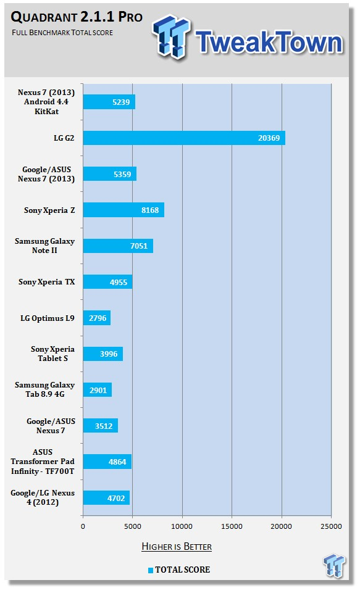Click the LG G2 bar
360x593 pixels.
[x=184, y=138]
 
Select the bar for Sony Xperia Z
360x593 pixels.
[x=123, y=210]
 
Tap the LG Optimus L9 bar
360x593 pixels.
[x=97, y=318]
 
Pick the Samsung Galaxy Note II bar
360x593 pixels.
[x=118, y=246]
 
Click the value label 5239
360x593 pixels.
[x=121, y=102]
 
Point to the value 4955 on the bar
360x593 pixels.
[x=119, y=282]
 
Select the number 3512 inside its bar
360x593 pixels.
[x=104, y=426]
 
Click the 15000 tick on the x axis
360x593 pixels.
[x=232, y=526]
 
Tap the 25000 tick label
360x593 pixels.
[x=331, y=526]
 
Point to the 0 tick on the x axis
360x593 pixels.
[x=83, y=526]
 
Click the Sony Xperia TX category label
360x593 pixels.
[x=46, y=282]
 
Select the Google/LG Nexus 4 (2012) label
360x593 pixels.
[x=43, y=498]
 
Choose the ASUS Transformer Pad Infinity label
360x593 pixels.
[x=43, y=462]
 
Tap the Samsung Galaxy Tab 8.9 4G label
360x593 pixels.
[x=44, y=389]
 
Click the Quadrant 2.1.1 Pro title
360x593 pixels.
[x=77, y=17]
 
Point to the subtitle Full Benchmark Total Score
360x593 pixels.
[x=62, y=33]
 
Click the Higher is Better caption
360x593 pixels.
[x=177, y=547]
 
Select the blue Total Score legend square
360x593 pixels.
[x=151, y=570]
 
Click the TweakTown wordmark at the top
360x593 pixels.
[x=269, y=41]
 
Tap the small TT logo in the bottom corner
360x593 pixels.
[x=334, y=565]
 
